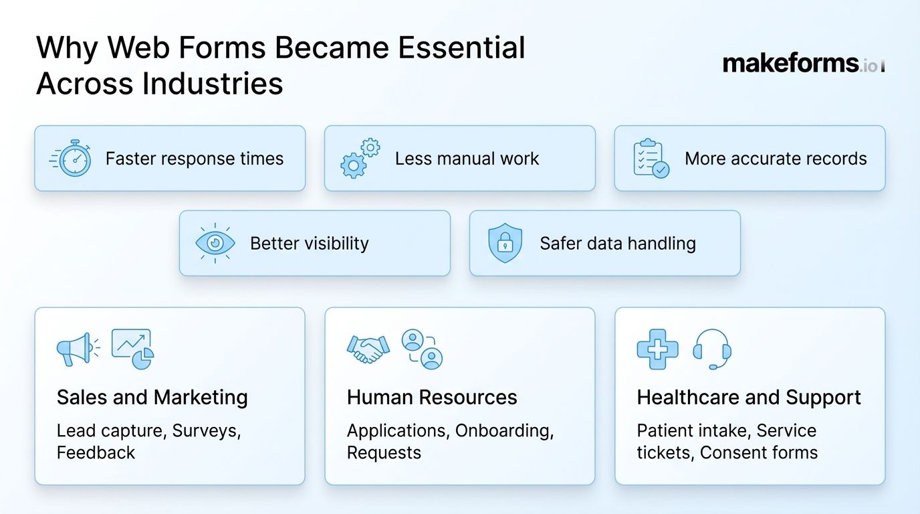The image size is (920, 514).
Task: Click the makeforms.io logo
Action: pos(803,64)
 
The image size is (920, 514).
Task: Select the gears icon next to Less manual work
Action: pos(360,158)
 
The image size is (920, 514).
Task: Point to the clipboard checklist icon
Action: pos(651,158)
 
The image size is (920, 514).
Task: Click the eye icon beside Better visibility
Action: pos(215,244)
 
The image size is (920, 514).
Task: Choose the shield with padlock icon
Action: pos(505,244)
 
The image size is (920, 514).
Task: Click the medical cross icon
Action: pos(657,349)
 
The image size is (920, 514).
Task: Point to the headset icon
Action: pos(712,349)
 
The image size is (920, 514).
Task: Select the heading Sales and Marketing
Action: pos(152,398)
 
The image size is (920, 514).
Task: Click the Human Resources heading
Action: pos(432,398)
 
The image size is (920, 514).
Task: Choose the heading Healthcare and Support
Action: pos(749,398)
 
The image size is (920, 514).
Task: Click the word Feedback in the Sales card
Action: pos(96,452)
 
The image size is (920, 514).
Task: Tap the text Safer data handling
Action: pos(618,244)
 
